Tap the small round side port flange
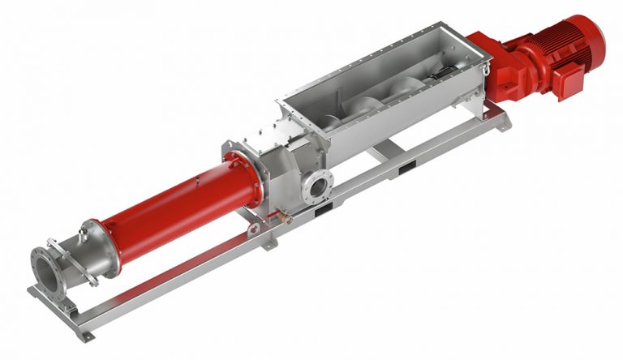point(314,189)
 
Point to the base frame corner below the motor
point(508,122)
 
